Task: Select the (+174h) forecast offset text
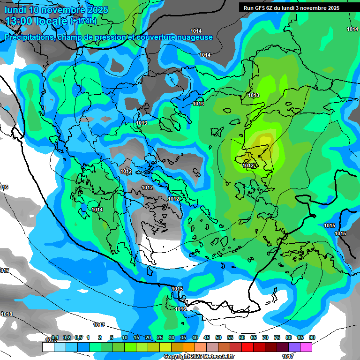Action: (83, 21)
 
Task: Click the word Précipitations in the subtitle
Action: (29, 37)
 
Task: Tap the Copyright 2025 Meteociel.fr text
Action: (199, 357)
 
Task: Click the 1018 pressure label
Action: (7, 314)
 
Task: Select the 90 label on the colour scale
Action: (312, 337)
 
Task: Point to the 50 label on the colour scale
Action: (218, 337)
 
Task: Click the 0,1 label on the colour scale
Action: (55, 337)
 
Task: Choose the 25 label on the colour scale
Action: (160, 337)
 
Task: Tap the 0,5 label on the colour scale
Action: (78, 337)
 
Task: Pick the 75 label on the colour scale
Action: (277, 337)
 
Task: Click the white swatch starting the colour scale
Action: (48, 347)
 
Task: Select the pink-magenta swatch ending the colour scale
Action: (306, 347)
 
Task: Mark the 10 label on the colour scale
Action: (125, 337)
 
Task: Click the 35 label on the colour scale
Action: (183, 337)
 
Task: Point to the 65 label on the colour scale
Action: (254, 337)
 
